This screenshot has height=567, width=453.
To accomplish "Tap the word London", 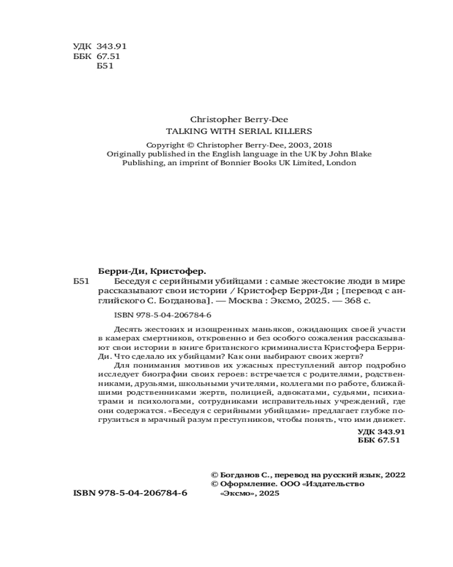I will (340, 163).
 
